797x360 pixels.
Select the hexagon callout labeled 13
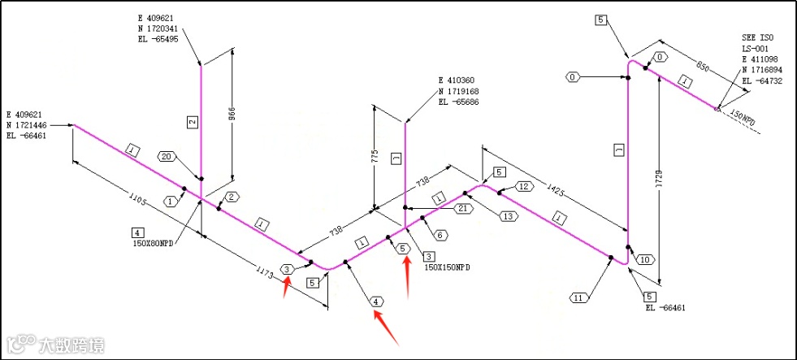[x=509, y=216]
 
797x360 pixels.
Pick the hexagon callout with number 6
[x=440, y=236]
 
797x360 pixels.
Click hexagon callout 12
[x=524, y=187]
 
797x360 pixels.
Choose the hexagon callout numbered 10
[x=645, y=259]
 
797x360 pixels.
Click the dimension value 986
[x=232, y=115]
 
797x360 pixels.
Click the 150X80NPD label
[x=154, y=242]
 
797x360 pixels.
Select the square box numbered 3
[x=429, y=256]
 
